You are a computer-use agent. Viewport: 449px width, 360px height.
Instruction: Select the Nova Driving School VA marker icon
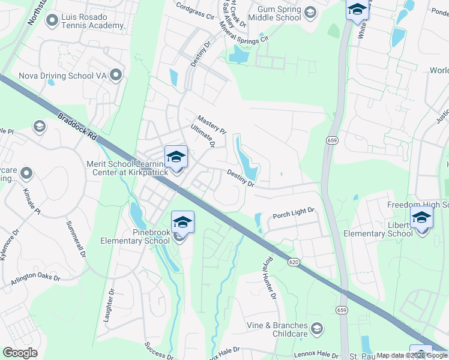point(116,76)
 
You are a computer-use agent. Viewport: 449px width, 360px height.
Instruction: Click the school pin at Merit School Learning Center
point(175,157)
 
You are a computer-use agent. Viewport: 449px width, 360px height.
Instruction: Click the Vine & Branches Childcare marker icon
point(317,328)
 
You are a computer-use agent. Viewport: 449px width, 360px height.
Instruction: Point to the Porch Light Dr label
point(294,213)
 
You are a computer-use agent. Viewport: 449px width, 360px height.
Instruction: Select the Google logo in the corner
point(20,353)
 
